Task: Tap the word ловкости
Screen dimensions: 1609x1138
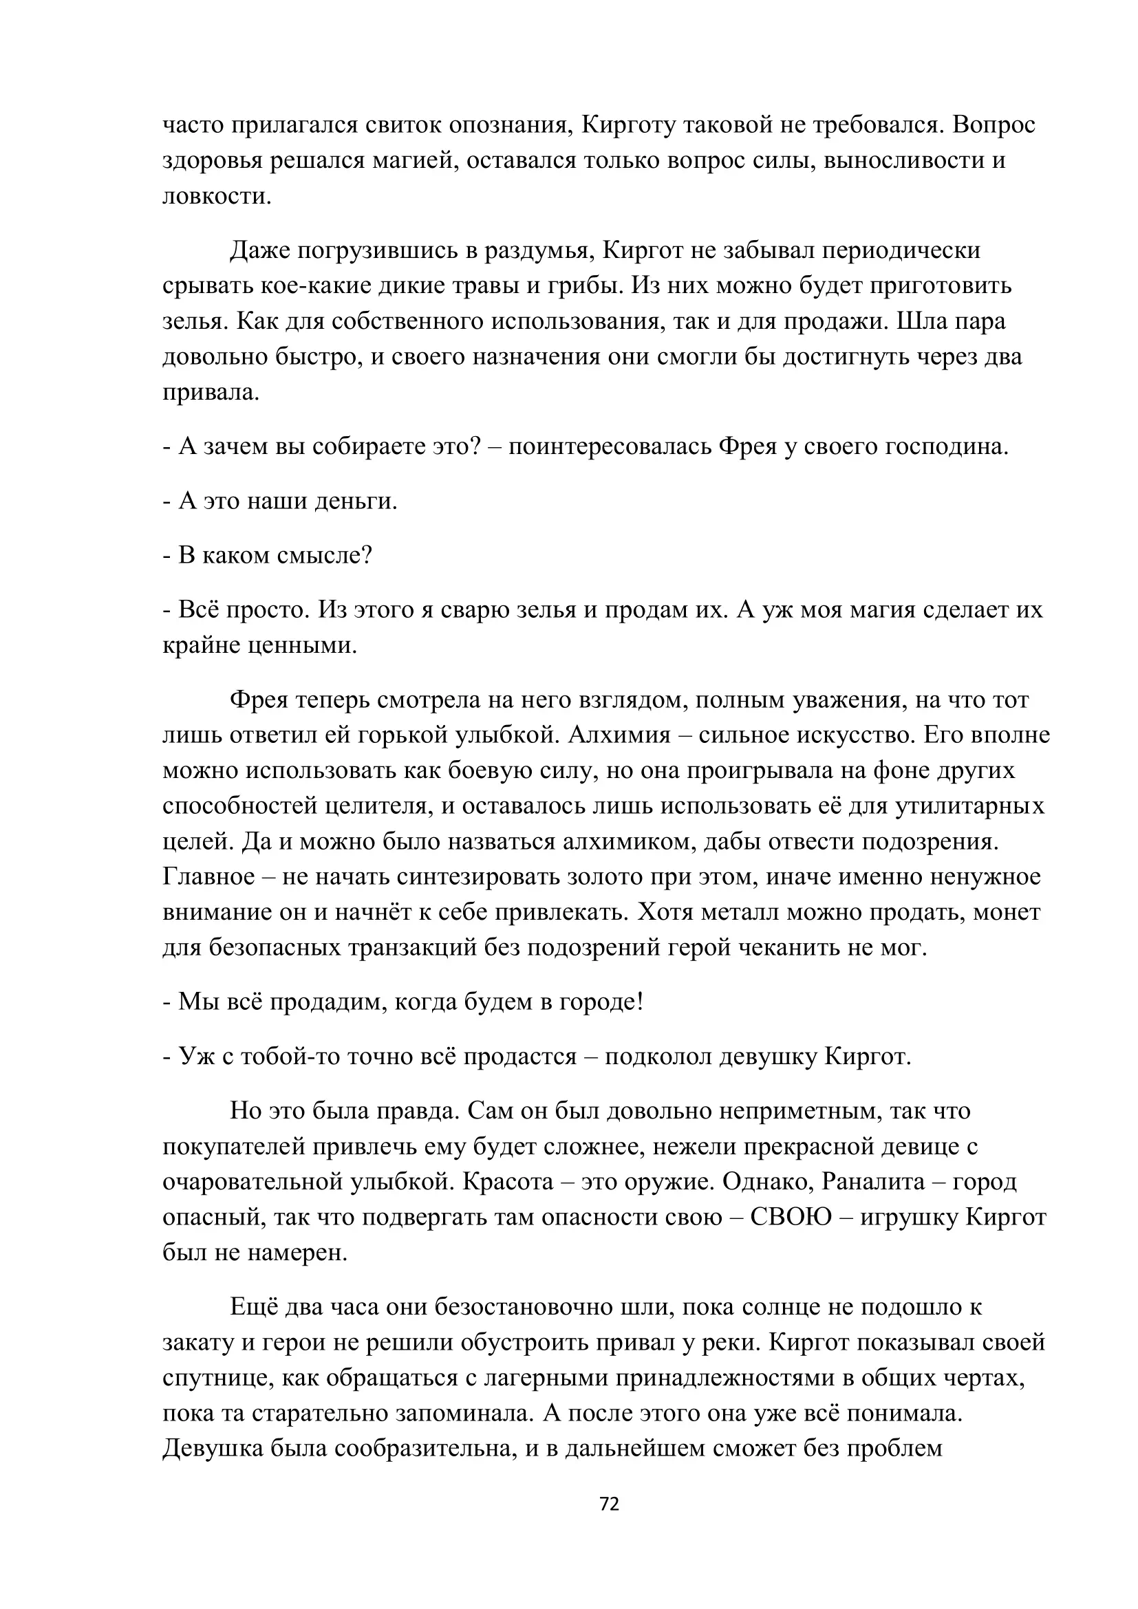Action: point(217,195)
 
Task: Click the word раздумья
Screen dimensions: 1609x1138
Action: point(535,250)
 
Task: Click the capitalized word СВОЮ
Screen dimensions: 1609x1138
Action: point(791,1218)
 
